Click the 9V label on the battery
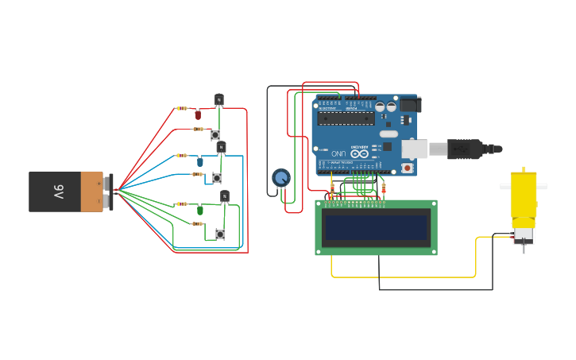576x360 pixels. click(58, 192)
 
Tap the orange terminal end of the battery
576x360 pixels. click(92, 192)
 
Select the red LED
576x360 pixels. click(198, 115)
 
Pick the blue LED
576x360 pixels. click(199, 161)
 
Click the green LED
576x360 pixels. click(200, 210)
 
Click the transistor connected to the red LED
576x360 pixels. click(219, 100)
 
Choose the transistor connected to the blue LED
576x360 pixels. click(222, 147)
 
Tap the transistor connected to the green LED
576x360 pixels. click(225, 195)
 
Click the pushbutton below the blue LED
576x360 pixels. click(216, 178)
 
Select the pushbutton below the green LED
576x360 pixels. click(220, 234)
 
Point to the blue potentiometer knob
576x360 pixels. click(280, 177)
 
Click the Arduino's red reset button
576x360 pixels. click(408, 168)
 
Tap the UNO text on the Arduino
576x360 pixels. click(338, 153)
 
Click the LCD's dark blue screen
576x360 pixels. click(376, 228)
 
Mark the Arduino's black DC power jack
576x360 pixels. click(409, 104)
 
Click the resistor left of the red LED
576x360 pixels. click(183, 108)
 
